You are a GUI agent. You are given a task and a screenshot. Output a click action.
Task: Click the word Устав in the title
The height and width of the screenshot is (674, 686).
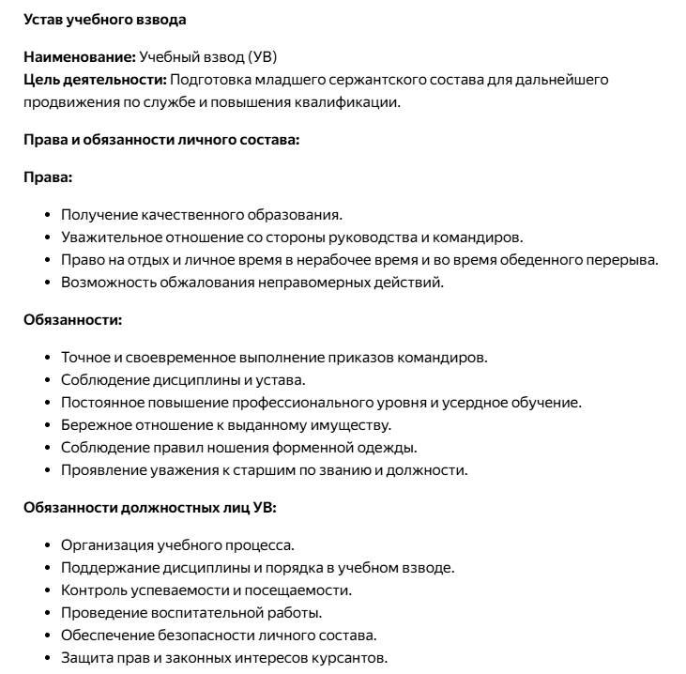[x=43, y=19]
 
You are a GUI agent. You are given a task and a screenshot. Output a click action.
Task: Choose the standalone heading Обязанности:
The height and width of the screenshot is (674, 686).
[x=72, y=319]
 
